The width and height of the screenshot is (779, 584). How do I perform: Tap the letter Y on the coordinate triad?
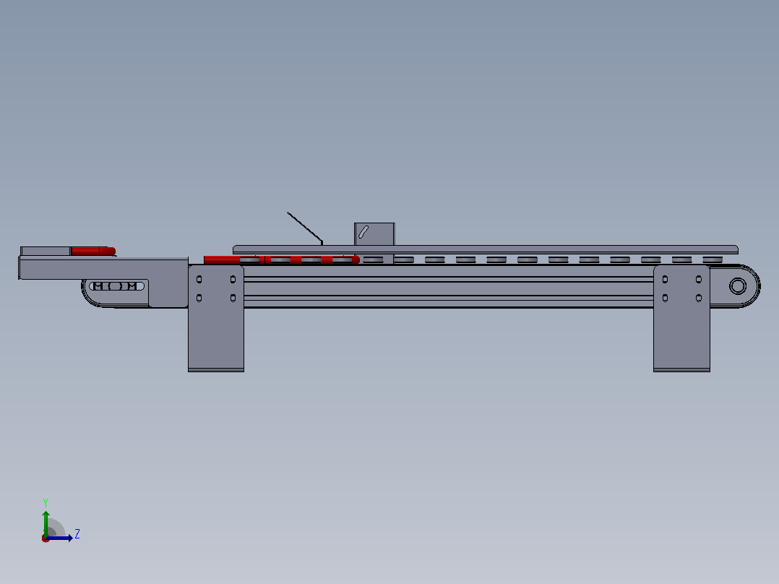click(x=46, y=502)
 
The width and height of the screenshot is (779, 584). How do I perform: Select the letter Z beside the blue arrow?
click(x=77, y=534)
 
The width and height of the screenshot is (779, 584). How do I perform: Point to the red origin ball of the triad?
click(x=46, y=538)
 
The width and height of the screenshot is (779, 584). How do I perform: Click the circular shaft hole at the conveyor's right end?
click(x=738, y=285)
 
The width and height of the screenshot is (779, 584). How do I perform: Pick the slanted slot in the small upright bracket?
click(x=363, y=231)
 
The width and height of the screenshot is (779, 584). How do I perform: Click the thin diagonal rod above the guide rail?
click(x=304, y=228)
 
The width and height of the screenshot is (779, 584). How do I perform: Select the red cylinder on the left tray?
click(x=93, y=251)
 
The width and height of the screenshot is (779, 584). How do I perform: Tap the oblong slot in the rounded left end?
click(x=117, y=285)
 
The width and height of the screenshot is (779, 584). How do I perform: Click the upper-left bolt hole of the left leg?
click(x=199, y=279)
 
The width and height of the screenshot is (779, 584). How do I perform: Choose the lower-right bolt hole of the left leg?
click(x=233, y=299)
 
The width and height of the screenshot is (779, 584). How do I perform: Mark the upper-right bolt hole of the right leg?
click(x=699, y=279)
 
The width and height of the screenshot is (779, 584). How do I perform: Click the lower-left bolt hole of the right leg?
click(x=666, y=299)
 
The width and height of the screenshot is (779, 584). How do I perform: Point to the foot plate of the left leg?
click(x=216, y=370)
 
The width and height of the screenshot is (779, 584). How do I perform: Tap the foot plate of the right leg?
click(x=681, y=370)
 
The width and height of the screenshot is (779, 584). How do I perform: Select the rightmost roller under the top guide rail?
click(x=713, y=259)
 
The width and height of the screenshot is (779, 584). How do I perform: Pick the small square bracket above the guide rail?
click(x=374, y=233)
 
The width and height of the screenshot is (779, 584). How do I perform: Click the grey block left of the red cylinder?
click(x=46, y=251)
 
